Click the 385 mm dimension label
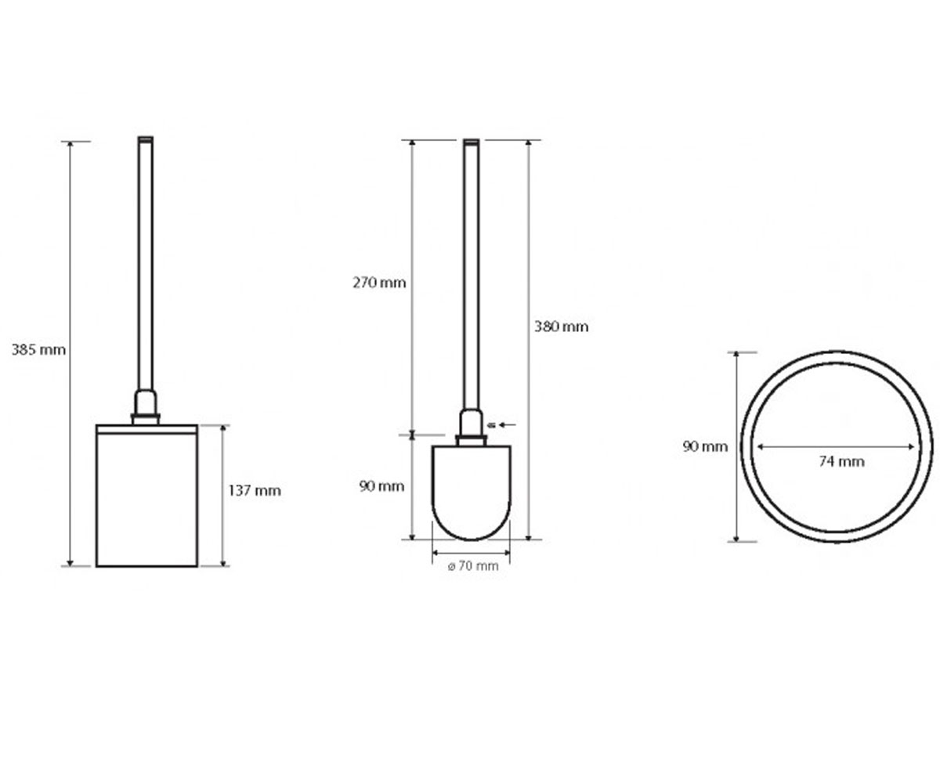(x=38, y=350)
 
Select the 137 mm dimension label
(x=255, y=490)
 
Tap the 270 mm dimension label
(x=379, y=283)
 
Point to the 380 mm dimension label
(x=562, y=327)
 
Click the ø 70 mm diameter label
(x=473, y=566)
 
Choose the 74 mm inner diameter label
(x=842, y=462)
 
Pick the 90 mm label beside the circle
(x=705, y=447)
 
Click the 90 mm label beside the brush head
(x=381, y=486)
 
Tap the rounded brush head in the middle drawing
(x=472, y=493)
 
